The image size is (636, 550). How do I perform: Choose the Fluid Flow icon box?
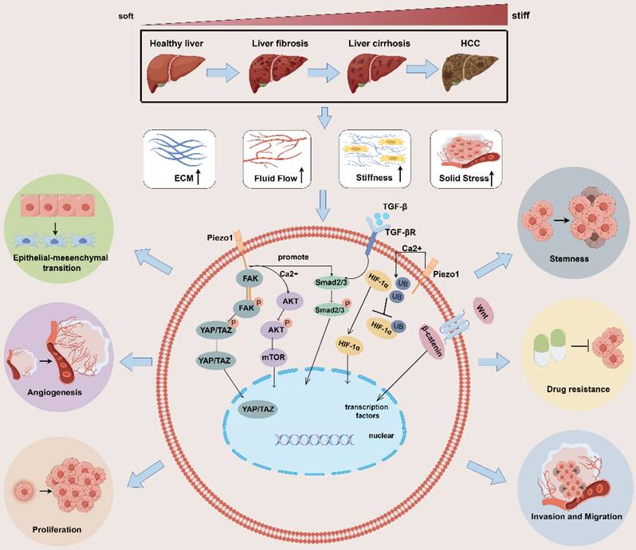(275, 156)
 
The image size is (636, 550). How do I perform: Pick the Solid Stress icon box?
(465, 156)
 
